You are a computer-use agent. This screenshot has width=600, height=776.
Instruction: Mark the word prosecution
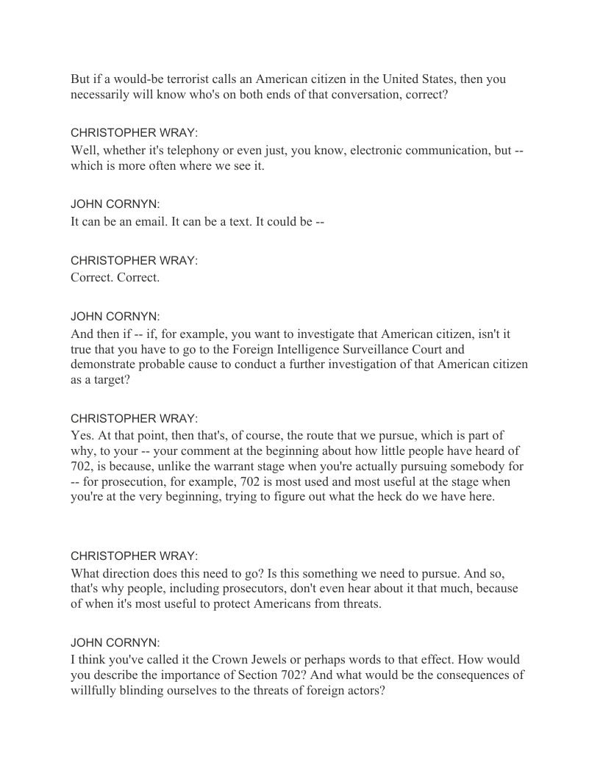point(131,482)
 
